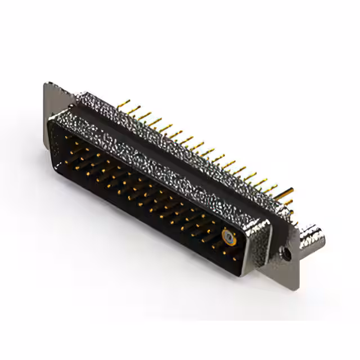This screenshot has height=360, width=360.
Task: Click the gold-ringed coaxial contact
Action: (x=228, y=237)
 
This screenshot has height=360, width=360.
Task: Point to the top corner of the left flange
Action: (x=47, y=84)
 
